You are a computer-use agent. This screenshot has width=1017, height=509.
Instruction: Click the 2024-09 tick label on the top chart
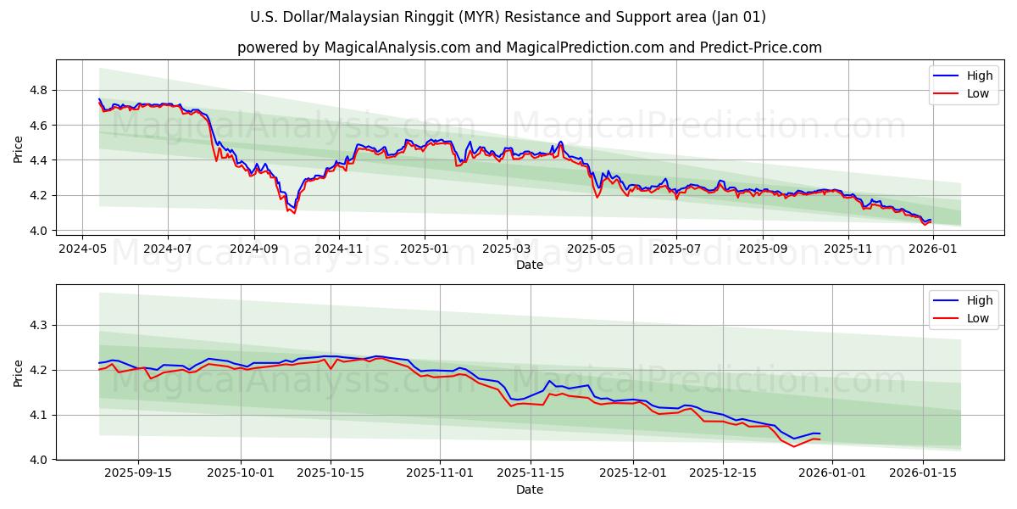[x=254, y=249]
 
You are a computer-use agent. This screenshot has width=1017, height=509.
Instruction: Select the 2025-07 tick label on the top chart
[x=675, y=249]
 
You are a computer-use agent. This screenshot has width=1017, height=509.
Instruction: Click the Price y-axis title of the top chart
[x=19, y=149]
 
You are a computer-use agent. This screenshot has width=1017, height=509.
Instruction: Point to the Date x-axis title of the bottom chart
[x=530, y=489]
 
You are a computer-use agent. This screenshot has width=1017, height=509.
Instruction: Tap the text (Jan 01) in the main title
[x=736, y=17]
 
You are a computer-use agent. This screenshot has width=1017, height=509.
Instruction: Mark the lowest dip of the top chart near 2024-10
[x=293, y=212]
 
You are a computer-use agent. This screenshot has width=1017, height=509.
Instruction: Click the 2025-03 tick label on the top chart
[x=507, y=249]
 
